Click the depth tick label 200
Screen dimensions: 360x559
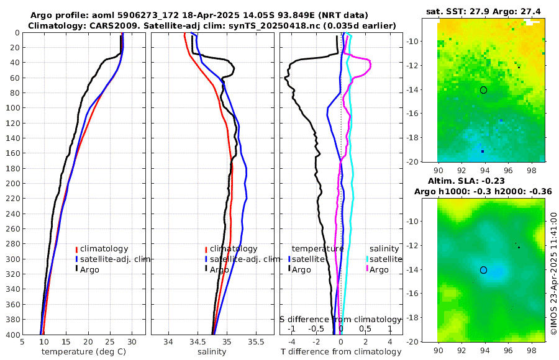12,184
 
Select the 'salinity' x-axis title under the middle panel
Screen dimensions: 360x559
212,352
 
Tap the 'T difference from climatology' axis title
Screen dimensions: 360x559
340,352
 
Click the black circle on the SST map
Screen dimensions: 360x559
483,90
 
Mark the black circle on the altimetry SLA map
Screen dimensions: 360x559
483,270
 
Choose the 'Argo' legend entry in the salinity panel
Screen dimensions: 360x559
219,269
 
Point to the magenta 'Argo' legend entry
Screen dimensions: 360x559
379,269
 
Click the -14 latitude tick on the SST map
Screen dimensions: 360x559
429,90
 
